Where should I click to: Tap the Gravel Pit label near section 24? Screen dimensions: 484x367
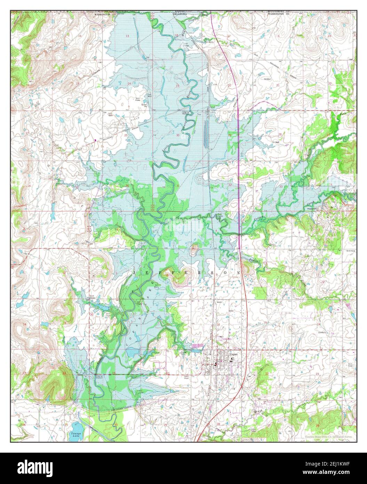point(142,102)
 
